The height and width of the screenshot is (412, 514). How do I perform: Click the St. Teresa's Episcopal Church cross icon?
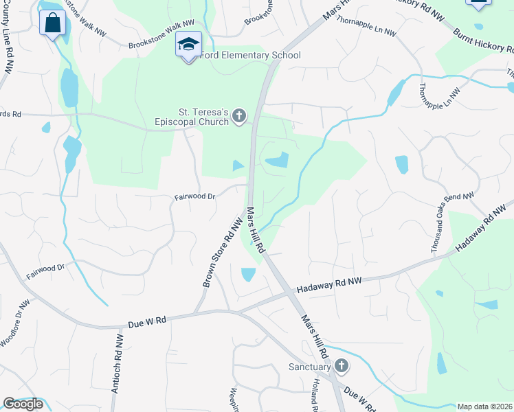239,115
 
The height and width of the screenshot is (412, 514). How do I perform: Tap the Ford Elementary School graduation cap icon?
188,45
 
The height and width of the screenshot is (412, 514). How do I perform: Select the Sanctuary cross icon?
342,367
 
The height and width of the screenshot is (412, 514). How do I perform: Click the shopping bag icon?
52,23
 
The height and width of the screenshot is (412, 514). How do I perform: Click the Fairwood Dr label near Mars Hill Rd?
195,196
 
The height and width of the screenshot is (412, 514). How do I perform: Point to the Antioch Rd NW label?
117,364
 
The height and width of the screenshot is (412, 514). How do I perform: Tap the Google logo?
23,404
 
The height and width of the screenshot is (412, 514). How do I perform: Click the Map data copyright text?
485,407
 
